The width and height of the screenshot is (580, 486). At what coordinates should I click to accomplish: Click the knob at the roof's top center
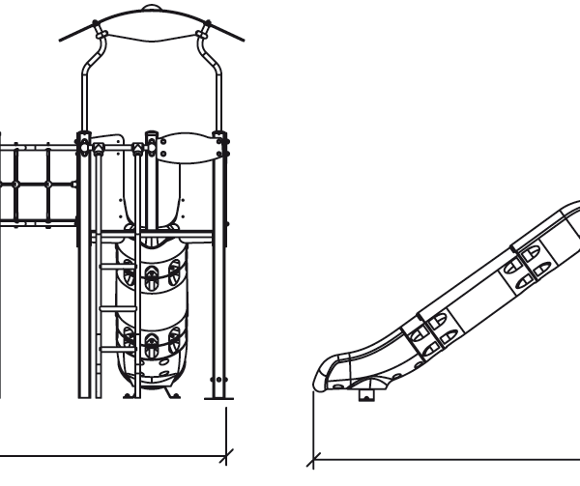153,9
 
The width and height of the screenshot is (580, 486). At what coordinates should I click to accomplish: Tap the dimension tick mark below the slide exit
314,454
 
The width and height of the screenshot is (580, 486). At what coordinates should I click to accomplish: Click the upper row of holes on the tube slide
152,274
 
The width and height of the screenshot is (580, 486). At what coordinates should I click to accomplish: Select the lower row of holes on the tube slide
152,340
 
